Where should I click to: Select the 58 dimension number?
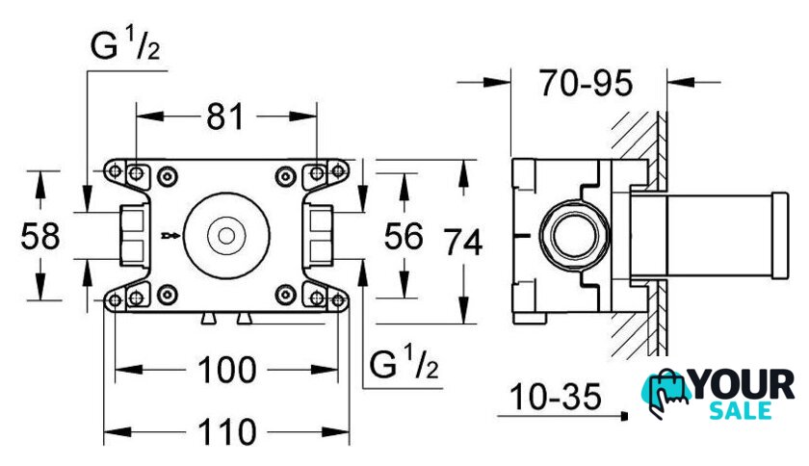coord(40,235)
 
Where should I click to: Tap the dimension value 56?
coord(403,235)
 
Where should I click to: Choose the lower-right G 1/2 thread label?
coord(404,365)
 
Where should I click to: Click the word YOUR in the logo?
coord(745,386)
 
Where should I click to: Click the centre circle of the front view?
coord(227,235)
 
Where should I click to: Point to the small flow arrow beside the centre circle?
coord(171,235)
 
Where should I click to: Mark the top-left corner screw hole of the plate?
coord(136,173)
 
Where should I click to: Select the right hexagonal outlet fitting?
coord(321,235)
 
